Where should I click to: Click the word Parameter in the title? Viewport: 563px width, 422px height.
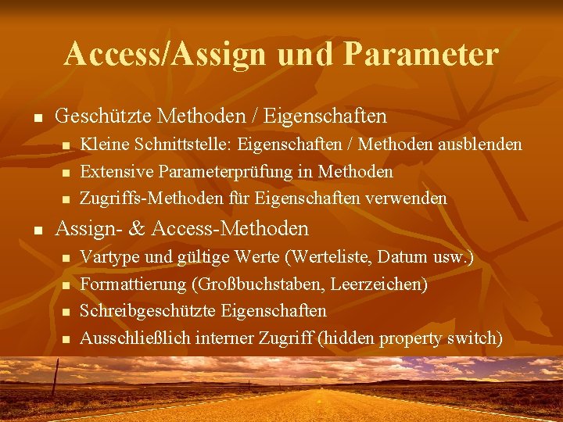[x=420, y=54]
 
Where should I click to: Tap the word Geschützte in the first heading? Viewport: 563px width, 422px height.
[x=104, y=116]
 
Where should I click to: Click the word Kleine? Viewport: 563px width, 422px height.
[x=105, y=145]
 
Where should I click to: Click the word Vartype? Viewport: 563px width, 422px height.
[x=108, y=256]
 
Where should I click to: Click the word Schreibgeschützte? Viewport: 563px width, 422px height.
[x=148, y=311]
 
